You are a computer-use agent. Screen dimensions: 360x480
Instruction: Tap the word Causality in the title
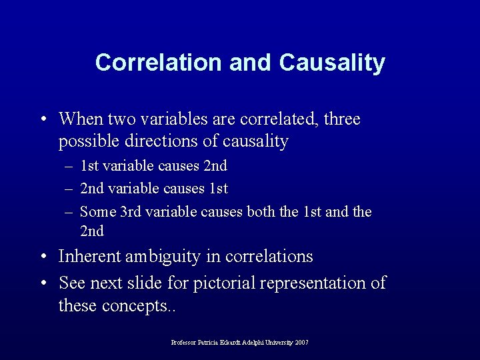pyautogui.click(x=332, y=62)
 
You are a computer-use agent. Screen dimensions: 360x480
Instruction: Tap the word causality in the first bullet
pyautogui.click(x=257, y=141)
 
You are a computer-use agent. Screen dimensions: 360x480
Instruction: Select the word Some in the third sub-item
pyautogui.click(x=97, y=212)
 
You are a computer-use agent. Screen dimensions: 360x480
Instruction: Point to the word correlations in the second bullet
pyautogui.click(x=270, y=256)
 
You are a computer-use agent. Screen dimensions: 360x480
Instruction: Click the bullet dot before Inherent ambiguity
pyautogui.click(x=43, y=257)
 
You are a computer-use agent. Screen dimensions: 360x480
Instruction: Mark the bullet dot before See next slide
pyautogui.click(x=43, y=283)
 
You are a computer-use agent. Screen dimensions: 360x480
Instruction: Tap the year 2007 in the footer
pyautogui.click(x=301, y=343)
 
